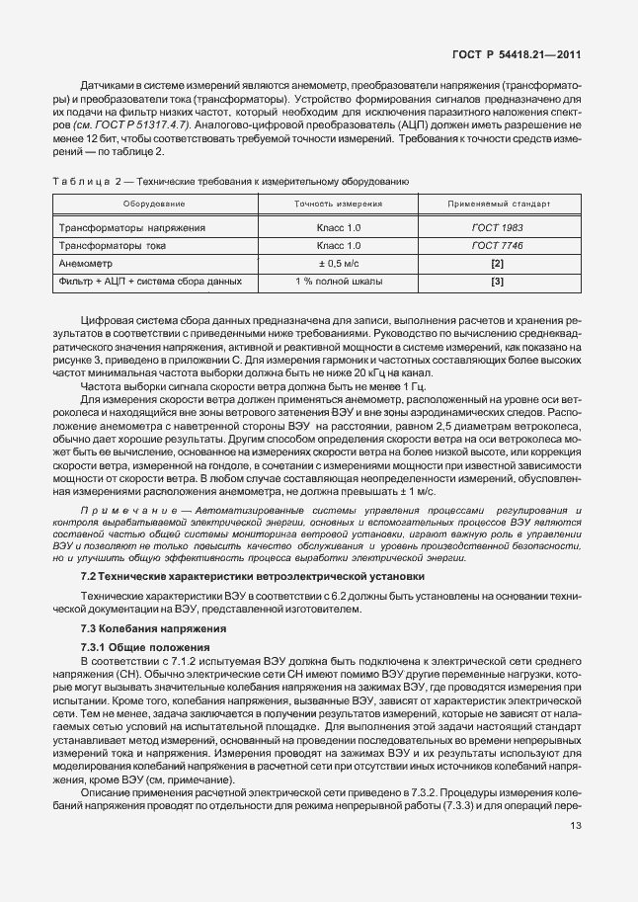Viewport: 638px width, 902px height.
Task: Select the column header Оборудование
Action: (x=153, y=203)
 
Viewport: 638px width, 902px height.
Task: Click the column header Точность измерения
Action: (x=338, y=203)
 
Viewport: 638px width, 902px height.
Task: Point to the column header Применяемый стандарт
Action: (x=499, y=203)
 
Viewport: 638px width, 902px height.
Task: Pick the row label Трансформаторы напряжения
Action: (x=133, y=228)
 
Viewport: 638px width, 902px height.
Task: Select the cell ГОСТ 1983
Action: (x=498, y=228)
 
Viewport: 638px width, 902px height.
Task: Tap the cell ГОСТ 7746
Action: (x=498, y=246)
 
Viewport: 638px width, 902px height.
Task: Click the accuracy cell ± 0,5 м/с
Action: (x=338, y=264)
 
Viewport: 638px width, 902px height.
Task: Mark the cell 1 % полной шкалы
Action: (x=338, y=282)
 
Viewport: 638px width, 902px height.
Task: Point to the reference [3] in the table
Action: (x=498, y=282)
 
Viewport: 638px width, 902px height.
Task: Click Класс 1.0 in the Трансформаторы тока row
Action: (x=338, y=246)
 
